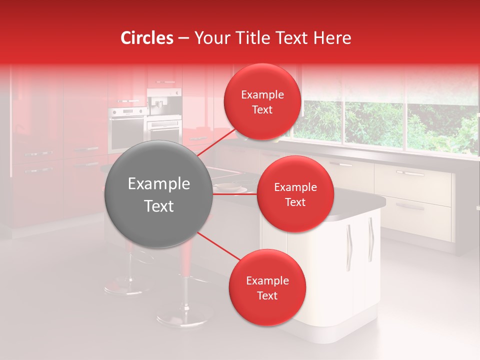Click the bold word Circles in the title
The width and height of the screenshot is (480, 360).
tap(147, 38)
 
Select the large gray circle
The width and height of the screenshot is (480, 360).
tap(159, 194)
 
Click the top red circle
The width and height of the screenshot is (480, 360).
tap(262, 102)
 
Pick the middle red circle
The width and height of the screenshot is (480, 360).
tap(295, 194)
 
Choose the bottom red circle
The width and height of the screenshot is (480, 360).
tap(267, 288)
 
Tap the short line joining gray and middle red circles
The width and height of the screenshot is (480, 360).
tap(235, 194)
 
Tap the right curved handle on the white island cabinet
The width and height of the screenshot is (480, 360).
tap(370, 239)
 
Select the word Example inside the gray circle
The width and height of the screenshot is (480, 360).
tap(159, 184)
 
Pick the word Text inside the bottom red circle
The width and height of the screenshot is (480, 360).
tap(267, 296)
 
